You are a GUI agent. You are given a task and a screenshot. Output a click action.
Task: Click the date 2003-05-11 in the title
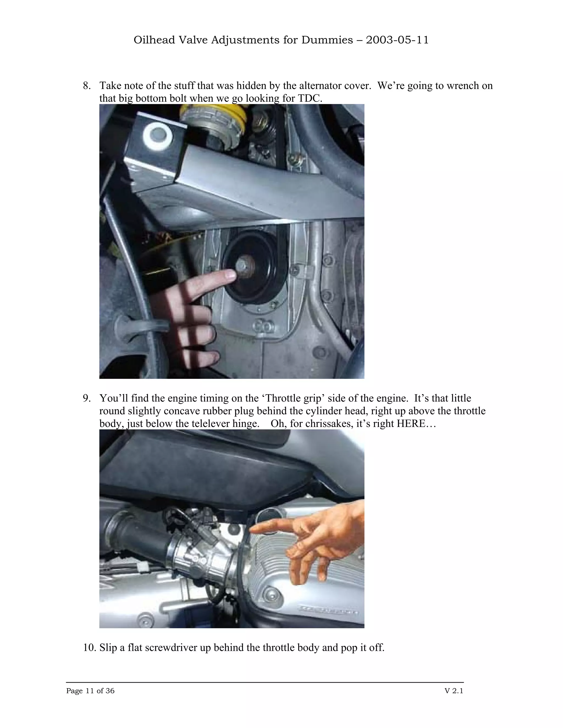[397, 40]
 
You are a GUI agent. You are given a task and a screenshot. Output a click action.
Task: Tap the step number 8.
[86, 86]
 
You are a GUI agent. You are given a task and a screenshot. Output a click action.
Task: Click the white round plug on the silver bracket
[158, 136]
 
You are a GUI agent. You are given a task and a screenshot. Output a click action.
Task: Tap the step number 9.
[86, 398]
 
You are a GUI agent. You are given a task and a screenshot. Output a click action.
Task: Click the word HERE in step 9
[409, 424]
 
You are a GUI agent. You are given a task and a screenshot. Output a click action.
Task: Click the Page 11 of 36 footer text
[90, 691]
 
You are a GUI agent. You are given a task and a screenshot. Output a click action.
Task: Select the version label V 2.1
[454, 691]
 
